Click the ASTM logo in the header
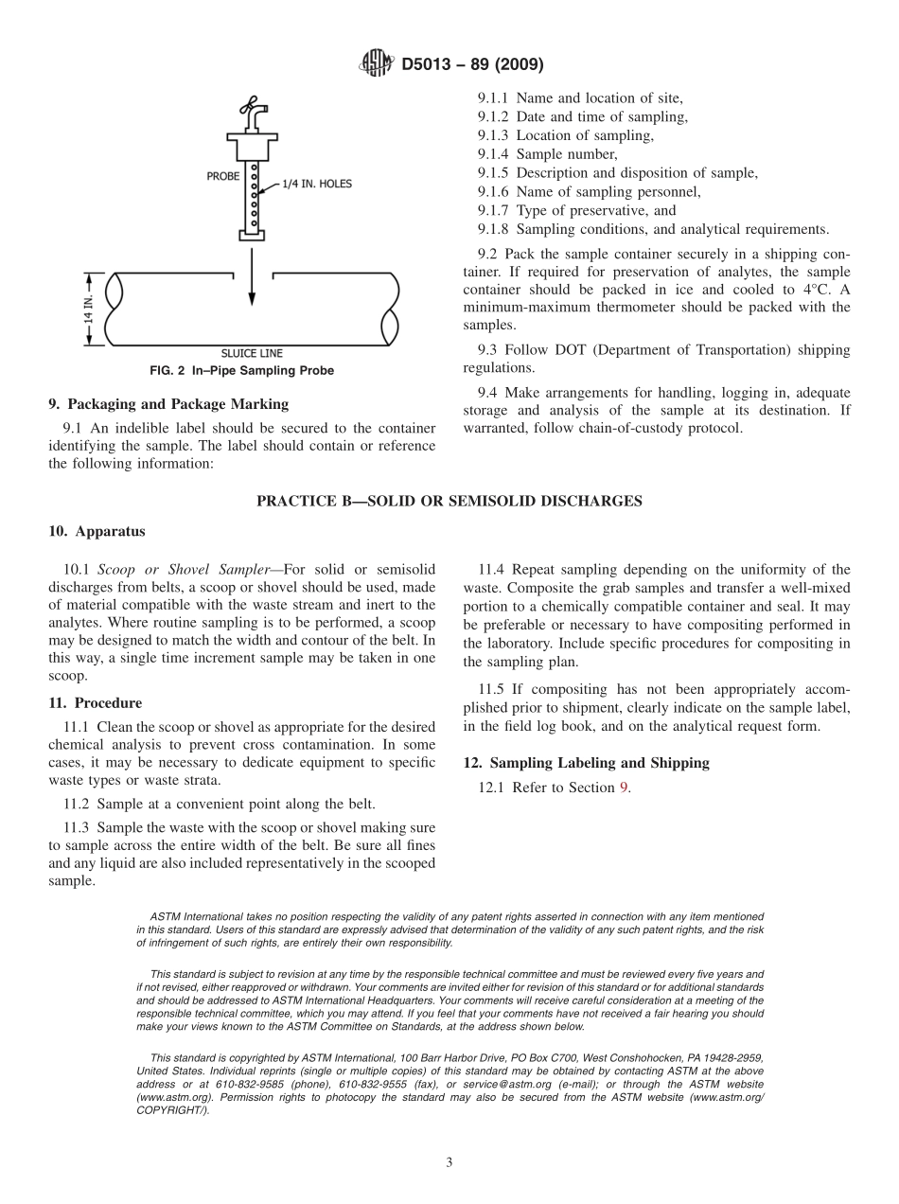click(376, 64)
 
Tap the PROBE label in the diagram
click(223, 176)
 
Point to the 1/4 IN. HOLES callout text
click(316, 184)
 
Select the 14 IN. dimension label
click(89, 310)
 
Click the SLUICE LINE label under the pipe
click(252, 354)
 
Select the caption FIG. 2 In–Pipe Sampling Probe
click(252, 370)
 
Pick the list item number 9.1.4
click(493, 154)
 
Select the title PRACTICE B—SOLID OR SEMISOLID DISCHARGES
click(449, 502)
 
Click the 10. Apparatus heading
click(97, 532)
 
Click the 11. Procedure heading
click(95, 703)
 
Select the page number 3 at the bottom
click(449, 1163)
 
